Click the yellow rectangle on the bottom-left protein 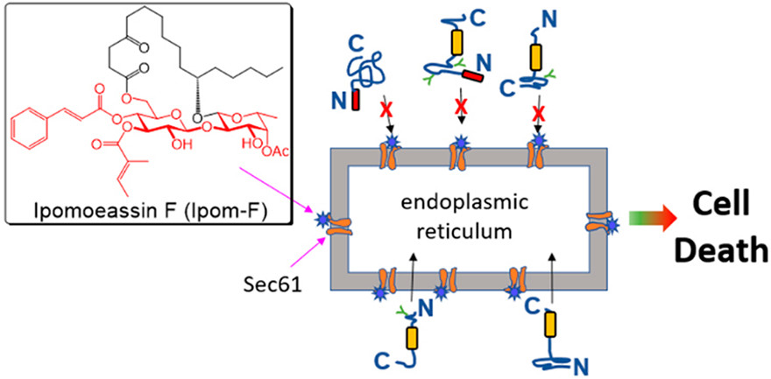click(408, 337)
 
